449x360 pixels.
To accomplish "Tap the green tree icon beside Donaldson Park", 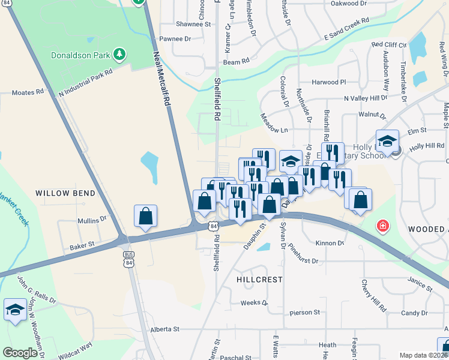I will point(120,55).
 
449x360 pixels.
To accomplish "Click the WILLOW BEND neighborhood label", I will point(65,193).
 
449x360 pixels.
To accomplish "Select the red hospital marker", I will point(382,227).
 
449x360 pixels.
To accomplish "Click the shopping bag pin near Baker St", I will point(146,216).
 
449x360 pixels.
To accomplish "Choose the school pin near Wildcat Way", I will point(15,310).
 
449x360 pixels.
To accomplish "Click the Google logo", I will point(20,353).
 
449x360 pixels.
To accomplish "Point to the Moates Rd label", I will point(28,92).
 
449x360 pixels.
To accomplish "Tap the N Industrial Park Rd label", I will point(86,83).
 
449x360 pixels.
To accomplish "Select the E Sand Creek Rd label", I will point(346,29).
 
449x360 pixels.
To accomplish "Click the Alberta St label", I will point(165,329).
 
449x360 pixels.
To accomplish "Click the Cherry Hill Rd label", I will point(373,295).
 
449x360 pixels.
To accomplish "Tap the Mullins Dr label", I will point(92,220).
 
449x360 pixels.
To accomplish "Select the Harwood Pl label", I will point(329,82).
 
